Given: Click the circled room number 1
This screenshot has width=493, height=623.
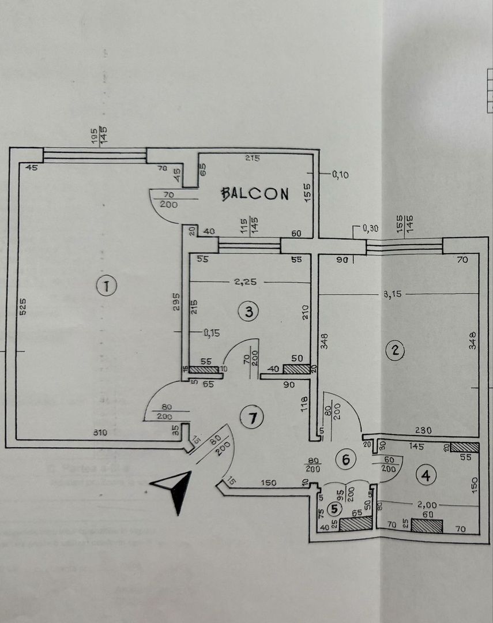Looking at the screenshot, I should (107, 285).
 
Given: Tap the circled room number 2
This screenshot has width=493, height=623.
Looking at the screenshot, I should (395, 350).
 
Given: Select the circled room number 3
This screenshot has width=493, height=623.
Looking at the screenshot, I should (249, 312).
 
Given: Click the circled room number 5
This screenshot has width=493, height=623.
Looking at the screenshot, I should (334, 508).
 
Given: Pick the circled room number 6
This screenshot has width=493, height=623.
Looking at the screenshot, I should (346, 460).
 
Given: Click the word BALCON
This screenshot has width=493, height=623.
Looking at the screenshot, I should (255, 194).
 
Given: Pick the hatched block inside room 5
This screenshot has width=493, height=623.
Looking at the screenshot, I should (355, 524).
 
